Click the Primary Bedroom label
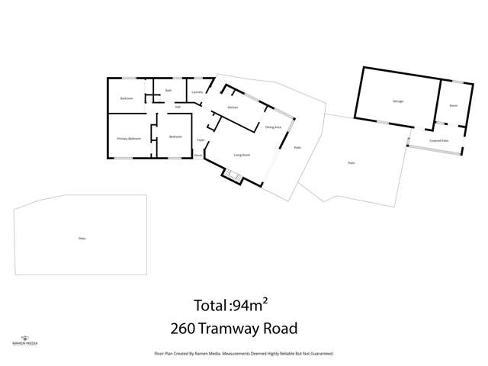[x=129, y=139]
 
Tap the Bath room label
[x=168, y=90]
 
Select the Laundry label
[x=197, y=92]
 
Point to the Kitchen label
[x=233, y=108]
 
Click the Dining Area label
[x=273, y=127]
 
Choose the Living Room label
[x=242, y=155]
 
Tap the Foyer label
[x=201, y=140]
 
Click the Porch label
[x=197, y=156]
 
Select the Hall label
[x=178, y=107]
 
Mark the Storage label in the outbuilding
[x=398, y=101]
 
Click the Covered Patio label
[x=438, y=141]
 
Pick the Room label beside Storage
[x=453, y=105]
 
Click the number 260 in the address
[x=185, y=329]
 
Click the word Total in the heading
[x=210, y=307]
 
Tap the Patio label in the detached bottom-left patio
[x=82, y=239]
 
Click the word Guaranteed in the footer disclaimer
[x=321, y=354]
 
